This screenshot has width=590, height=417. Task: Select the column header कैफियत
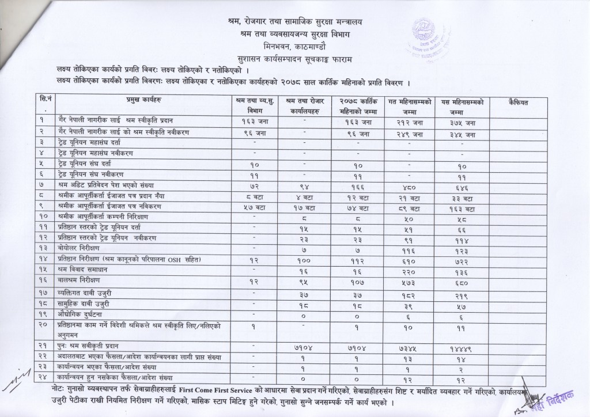click(519, 101)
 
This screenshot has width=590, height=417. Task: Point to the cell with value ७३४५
click(409, 350)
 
